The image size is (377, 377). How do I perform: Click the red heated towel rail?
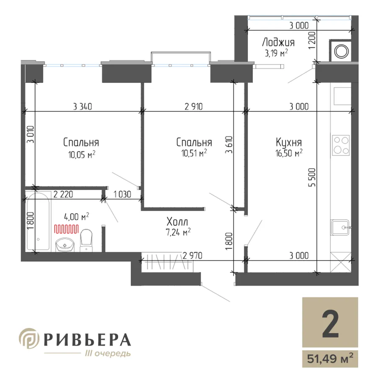(66, 229)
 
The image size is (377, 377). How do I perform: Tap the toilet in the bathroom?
(86, 240)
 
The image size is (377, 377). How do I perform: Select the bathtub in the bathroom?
(38, 221)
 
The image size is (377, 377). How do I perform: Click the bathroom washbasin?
(65, 245)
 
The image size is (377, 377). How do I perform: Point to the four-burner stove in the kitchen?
(341, 145)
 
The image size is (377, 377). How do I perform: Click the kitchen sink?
(341, 227)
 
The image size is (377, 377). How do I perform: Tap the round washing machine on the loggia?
(341, 51)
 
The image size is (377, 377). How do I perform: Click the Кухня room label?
(289, 142)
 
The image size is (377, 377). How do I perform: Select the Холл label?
(177, 222)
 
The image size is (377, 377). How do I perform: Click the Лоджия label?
(278, 42)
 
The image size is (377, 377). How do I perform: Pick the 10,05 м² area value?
(82, 155)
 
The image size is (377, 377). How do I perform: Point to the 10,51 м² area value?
(194, 153)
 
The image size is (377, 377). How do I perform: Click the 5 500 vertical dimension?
(312, 178)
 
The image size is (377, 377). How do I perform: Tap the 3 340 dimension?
(83, 106)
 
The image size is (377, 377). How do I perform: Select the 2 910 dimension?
(194, 106)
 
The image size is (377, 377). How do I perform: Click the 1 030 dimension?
(122, 194)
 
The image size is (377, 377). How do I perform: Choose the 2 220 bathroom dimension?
(63, 194)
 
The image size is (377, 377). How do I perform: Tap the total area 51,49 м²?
(330, 359)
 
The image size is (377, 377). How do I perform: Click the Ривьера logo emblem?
(29, 338)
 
